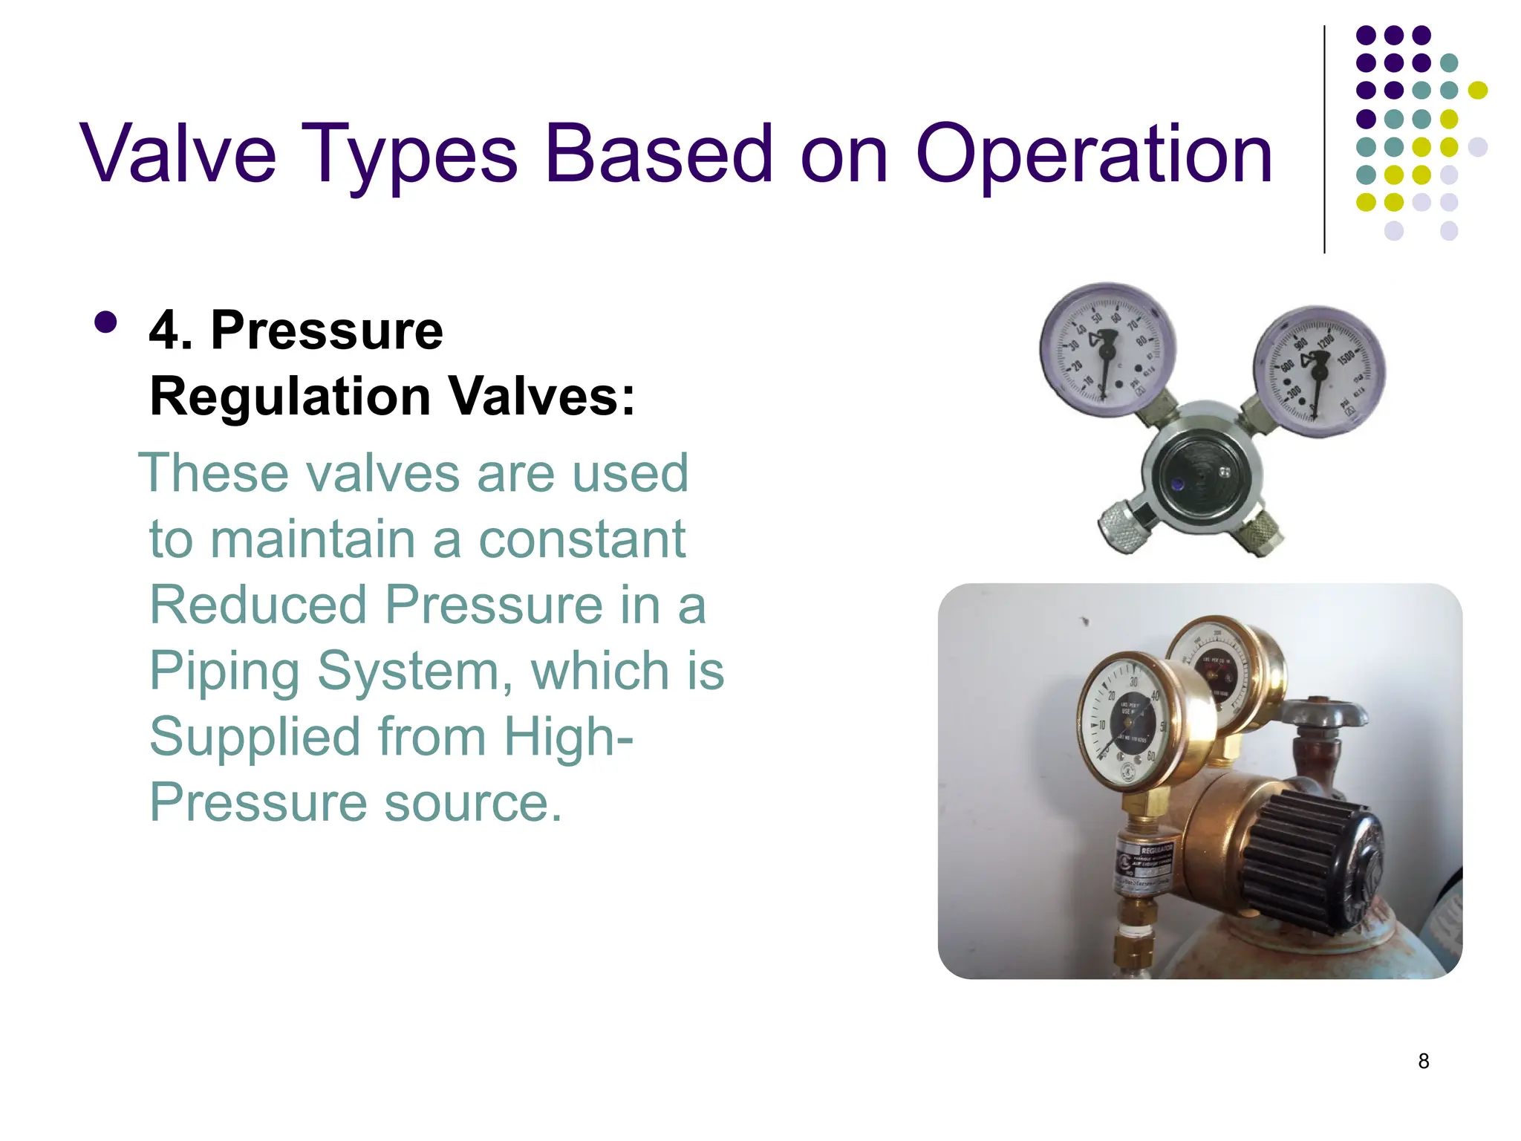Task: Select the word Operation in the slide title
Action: coord(1095,155)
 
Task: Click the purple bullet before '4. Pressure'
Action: coord(106,322)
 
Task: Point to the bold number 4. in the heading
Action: coord(170,330)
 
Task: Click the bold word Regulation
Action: coord(290,396)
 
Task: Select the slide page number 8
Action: coord(1423,1061)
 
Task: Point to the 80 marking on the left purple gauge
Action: coord(1141,342)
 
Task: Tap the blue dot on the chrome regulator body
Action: coord(1177,484)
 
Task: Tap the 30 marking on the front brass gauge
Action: coord(1134,682)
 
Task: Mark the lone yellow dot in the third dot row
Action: coord(1478,91)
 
